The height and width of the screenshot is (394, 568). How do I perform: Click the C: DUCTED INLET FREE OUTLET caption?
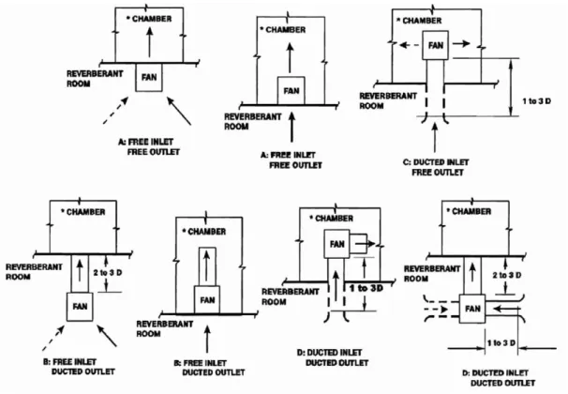click(x=436, y=167)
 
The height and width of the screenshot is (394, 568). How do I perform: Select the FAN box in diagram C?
click(x=436, y=45)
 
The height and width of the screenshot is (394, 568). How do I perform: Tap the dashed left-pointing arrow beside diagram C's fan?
click(x=409, y=45)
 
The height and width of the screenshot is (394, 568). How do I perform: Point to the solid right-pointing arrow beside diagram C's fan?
click(x=461, y=44)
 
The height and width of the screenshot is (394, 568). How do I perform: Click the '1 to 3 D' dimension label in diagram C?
click(x=536, y=101)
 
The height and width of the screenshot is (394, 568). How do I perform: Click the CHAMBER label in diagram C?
click(x=419, y=21)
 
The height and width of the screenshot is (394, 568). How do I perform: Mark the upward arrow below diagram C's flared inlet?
click(x=435, y=137)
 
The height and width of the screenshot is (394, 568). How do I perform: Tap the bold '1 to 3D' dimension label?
click(x=366, y=288)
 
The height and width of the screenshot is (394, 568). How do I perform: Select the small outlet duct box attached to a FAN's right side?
click(x=359, y=244)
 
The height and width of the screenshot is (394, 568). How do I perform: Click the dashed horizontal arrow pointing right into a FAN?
click(x=436, y=310)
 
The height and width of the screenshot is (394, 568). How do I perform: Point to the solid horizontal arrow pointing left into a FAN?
click(x=506, y=309)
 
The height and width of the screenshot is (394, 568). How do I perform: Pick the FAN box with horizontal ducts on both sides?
click(x=472, y=309)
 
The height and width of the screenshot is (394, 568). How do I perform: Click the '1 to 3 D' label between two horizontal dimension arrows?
click(x=501, y=343)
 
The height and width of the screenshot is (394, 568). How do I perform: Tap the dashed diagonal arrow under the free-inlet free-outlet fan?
click(x=115, y=111)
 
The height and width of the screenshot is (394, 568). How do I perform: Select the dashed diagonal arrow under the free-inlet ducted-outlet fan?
click(x=53, y=338)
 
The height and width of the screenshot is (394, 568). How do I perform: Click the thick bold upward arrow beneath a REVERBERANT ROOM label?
click(x=292, y=127)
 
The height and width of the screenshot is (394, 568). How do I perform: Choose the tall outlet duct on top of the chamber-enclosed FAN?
click(x=207, y=266)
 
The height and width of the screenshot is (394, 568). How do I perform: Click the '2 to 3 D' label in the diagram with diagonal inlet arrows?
click(x=108, y=273)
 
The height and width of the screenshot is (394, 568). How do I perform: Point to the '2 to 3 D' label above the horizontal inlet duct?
click(x=507, y=276)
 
